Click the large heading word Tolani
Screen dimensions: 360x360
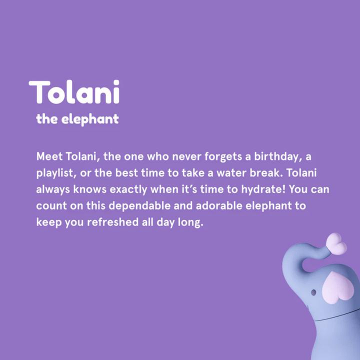coord(74,92)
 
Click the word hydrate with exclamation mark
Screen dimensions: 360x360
coord(264,190)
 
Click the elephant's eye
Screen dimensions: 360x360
coord(313,291)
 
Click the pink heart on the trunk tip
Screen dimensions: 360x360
coord(336,243)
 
